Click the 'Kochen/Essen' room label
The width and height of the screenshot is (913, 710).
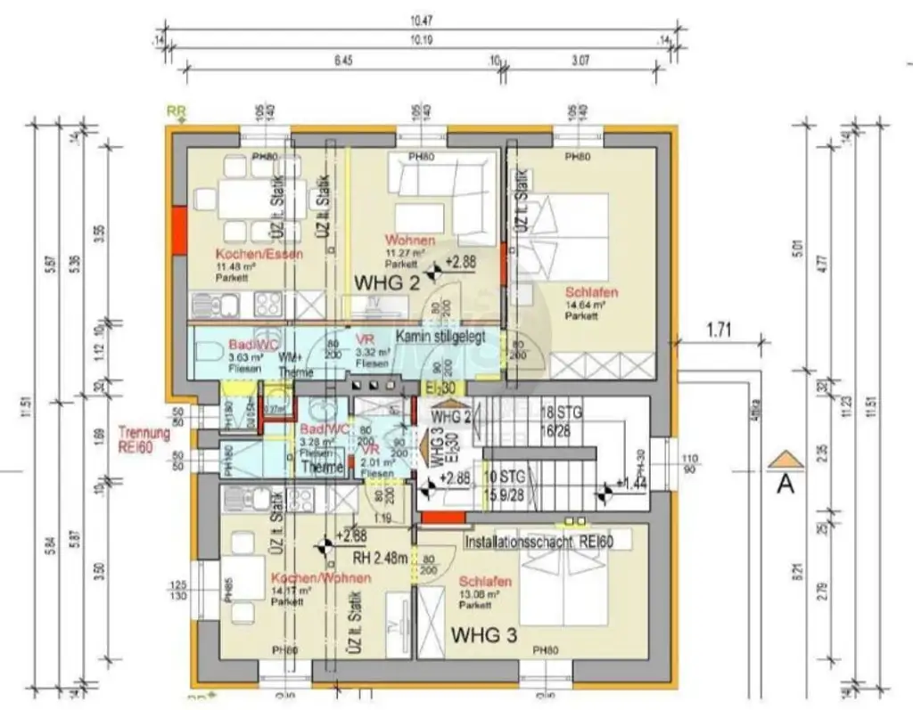[259, 253]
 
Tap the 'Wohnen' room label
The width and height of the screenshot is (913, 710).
[409, 240]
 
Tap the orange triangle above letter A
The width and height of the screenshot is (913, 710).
[786, 459]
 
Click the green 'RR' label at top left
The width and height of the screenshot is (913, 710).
[177, 111]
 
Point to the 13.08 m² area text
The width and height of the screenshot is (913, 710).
[477, 594]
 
